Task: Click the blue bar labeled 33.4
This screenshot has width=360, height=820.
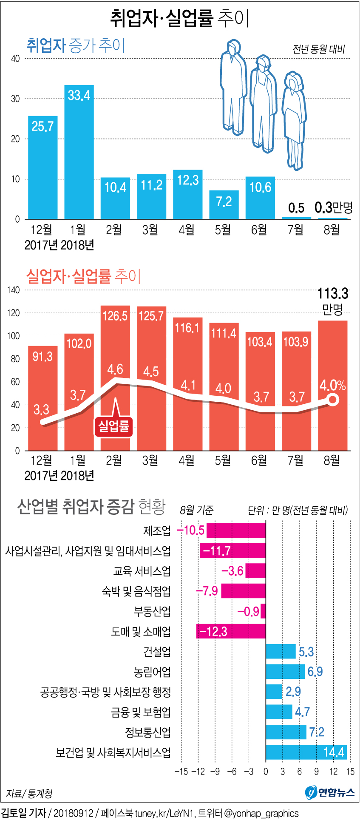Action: point(79,153)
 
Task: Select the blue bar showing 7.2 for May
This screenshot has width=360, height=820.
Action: point(224,205)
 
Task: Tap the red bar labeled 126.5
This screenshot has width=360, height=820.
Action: point(115,378)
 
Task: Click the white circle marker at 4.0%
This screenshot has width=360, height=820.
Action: point(333,400)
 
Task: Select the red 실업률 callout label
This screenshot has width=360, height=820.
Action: point(113,426)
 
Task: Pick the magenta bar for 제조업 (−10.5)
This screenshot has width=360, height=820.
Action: point(236,531)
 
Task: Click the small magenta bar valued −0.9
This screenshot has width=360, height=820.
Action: point(263,611)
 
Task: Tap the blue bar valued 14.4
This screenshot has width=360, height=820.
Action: point(306,752)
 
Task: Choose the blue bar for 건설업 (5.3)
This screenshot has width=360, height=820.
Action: point(281,652)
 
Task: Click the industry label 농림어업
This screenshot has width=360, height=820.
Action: point(152,672)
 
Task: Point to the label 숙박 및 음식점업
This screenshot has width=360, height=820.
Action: point(136,591)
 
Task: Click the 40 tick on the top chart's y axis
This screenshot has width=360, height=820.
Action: point(15,59)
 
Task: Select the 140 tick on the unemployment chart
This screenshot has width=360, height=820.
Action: point(14,290)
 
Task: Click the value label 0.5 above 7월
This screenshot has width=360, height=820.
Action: point(296,208)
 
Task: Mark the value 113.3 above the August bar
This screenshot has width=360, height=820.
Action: point(333,293)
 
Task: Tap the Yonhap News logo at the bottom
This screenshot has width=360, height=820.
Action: point(330,792)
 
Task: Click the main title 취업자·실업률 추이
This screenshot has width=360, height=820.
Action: point(179,18)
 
